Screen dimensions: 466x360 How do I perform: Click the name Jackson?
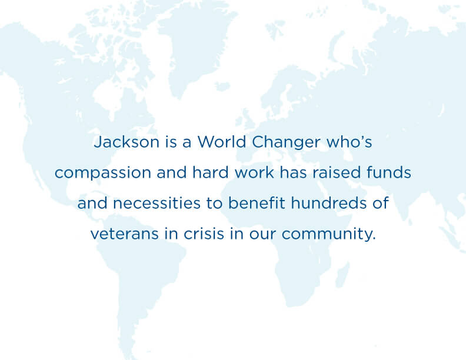coord(127,142)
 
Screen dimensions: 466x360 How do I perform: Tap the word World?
coord(222,142)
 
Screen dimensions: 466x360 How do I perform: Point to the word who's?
coord(349,142)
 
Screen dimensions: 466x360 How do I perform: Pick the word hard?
coord(211,172)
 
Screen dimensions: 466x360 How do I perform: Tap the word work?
coord(254,172)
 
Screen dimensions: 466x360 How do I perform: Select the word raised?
coord(337,172)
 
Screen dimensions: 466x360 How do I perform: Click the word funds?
coord(389,172)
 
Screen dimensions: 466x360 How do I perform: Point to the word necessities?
coord(157,203)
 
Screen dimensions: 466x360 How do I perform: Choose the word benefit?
coord(257,203)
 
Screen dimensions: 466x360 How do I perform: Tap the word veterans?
coord(125,234)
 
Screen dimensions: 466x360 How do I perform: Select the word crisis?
coord(204,234)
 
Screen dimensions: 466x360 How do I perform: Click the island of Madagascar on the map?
coord(342,275)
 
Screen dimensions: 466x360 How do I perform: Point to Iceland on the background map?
coord(222,86)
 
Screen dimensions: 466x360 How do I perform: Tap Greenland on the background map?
coord(190,45)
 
